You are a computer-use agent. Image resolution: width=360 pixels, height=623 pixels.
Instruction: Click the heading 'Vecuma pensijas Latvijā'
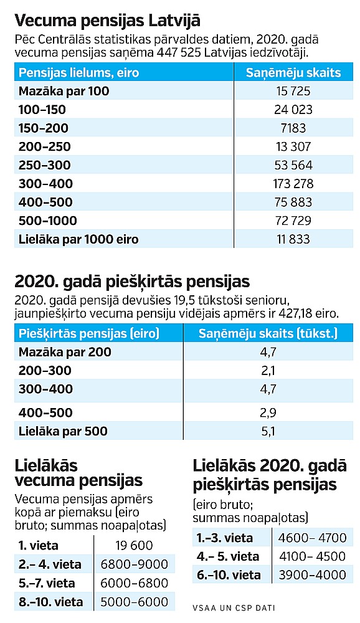coord(107,21)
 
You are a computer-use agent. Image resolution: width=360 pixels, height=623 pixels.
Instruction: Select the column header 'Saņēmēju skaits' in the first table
coord(293,73)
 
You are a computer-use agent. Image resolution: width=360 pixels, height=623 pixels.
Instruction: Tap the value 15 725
coord(293,91)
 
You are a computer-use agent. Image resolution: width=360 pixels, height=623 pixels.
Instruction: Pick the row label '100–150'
coord(42,109)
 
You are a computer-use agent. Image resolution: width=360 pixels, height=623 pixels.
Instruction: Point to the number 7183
coord(293,128)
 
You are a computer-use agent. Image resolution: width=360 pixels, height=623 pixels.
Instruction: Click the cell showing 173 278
coord(293,184)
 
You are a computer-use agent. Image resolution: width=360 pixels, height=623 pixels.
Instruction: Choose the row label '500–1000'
coord(48,221)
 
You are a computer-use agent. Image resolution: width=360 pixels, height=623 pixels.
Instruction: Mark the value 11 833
coord(293,239)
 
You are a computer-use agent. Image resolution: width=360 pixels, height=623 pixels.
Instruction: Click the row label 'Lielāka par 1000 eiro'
coord(78,239)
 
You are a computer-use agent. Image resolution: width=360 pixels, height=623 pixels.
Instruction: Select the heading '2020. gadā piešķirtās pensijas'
coord(132,282)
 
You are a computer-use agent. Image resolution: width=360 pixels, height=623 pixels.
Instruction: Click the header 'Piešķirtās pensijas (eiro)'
coord(89,333)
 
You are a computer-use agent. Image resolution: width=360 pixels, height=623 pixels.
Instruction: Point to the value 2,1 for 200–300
coord(268,370)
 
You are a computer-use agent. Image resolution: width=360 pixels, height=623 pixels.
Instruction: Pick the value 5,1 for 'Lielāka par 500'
coord(268,431)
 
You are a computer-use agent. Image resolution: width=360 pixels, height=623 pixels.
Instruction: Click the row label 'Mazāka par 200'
coord(65,352)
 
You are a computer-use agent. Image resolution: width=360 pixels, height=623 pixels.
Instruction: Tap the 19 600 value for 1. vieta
coord(135,546)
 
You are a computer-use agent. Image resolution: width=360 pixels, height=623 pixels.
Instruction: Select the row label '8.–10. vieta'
coord(51,602)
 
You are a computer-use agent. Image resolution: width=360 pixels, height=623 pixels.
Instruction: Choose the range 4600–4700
coord(312,538)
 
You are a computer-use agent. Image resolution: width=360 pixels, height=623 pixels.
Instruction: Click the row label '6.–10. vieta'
coord(229,575)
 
